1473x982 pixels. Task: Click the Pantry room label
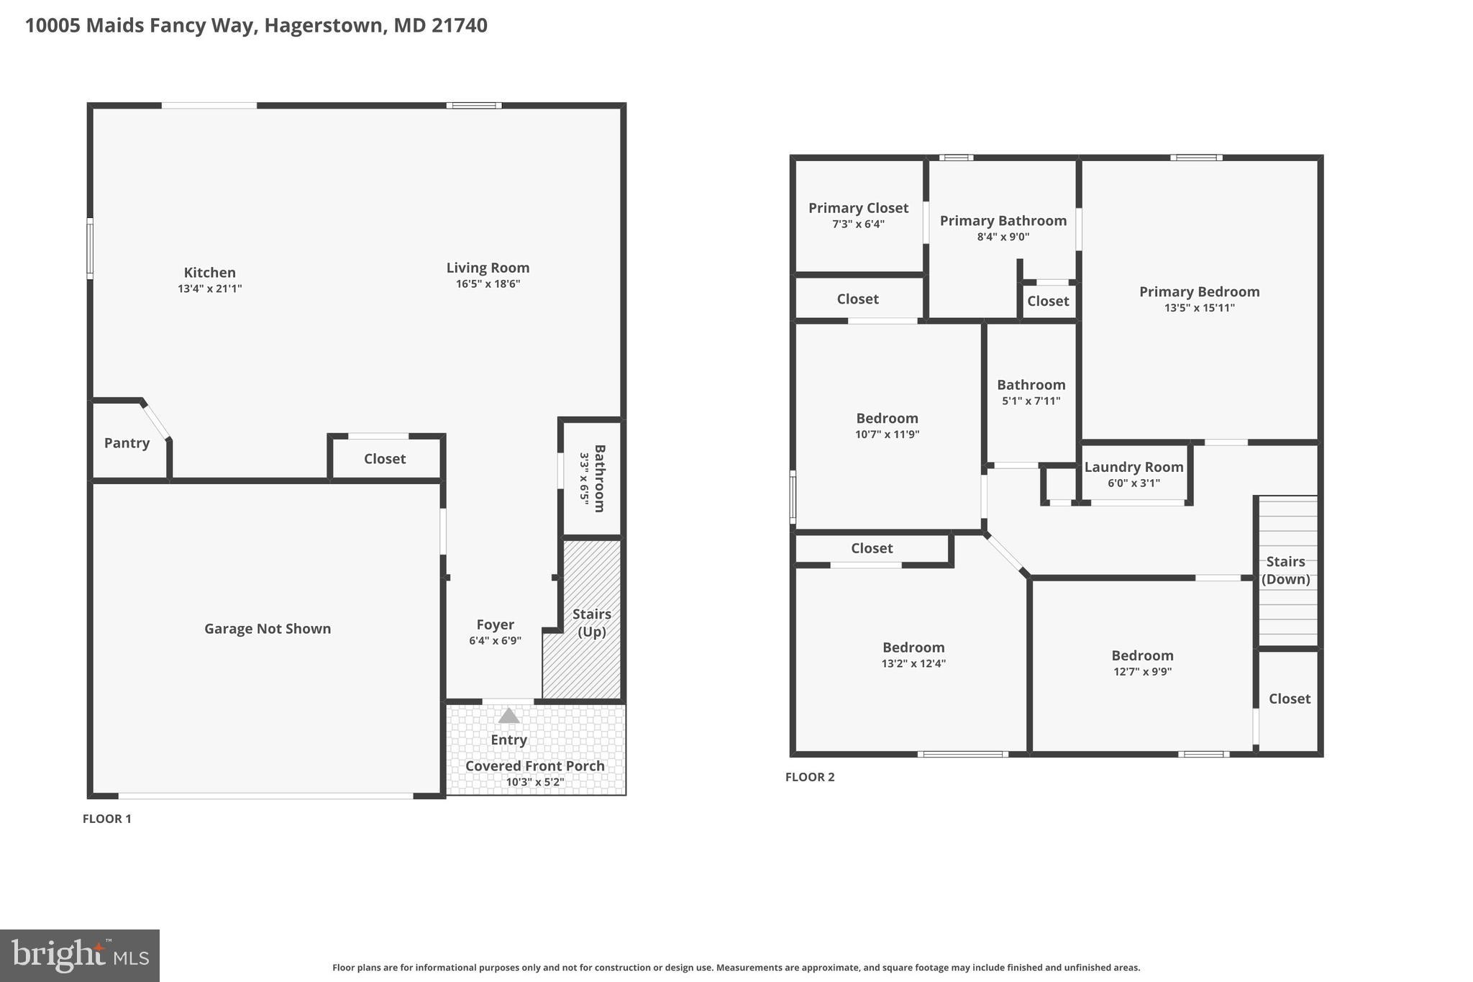127,443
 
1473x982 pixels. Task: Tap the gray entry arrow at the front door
509,716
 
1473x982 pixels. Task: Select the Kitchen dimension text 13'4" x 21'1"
209,288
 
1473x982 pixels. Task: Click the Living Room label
488,268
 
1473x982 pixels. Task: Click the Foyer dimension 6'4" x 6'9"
495,640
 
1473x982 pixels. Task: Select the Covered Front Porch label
534,766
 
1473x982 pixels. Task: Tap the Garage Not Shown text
268,629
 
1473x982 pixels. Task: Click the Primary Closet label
858,208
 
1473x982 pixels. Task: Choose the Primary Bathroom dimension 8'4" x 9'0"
1003,237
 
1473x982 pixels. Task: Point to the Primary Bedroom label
1199,291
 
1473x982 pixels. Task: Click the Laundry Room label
1134,467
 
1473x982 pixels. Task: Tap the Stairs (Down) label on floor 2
1285,570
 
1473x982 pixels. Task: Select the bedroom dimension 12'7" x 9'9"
1142,671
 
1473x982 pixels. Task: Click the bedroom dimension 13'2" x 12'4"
913,663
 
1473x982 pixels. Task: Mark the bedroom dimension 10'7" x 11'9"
887,434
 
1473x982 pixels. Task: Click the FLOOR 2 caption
810,777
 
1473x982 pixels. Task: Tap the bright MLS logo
79,955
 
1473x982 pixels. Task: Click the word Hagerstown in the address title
322,26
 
